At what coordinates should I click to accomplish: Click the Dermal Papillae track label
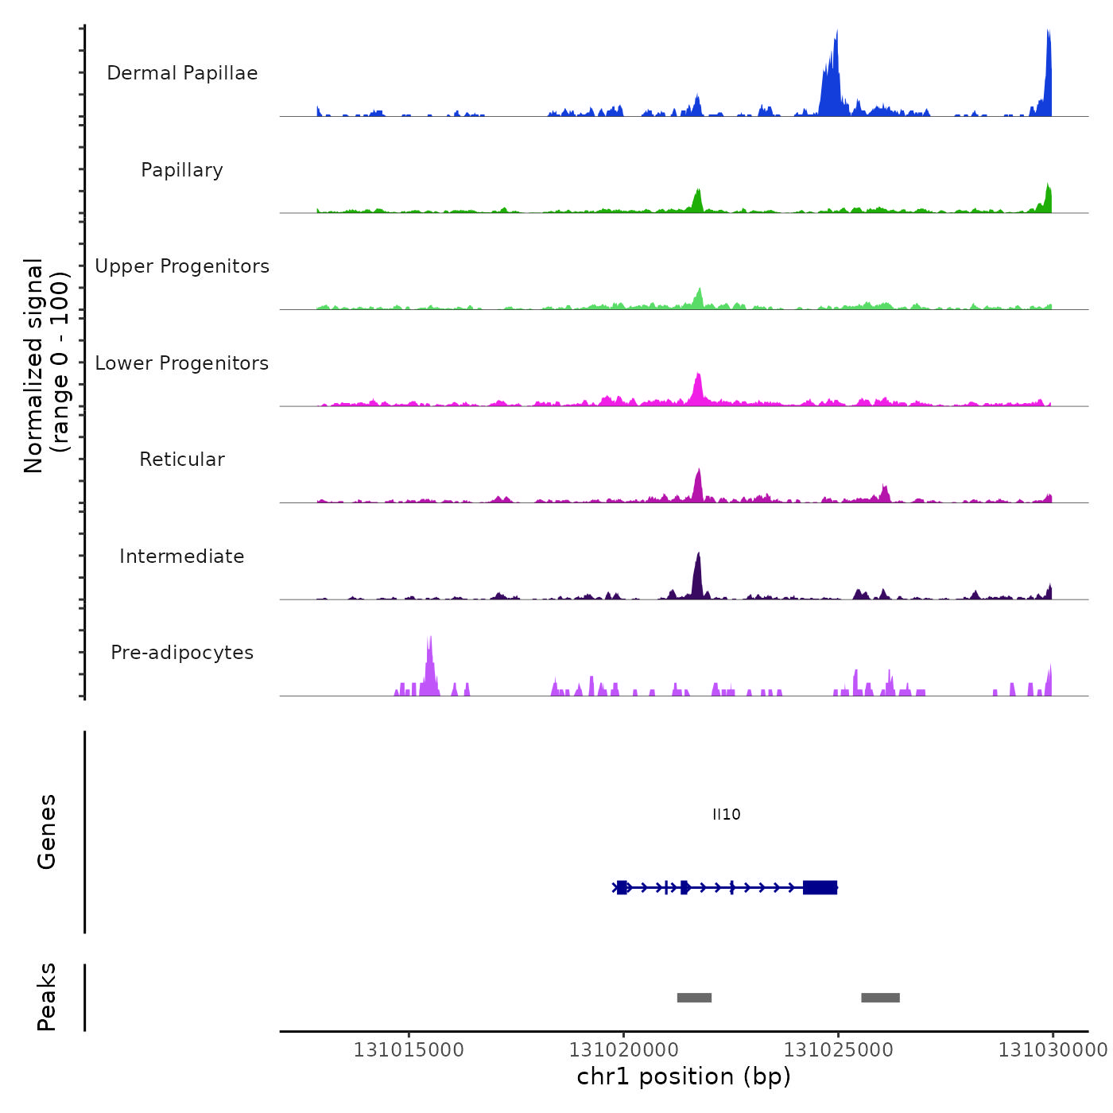click(x=182, y=73)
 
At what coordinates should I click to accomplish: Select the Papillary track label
click(x=182, y=170)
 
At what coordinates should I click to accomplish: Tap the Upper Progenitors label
click(x=182, y=266)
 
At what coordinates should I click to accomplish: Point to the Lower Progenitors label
click(x=182, y=363)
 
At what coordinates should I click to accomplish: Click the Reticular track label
click(x=182, y=460)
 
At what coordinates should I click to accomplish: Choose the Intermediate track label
click(x=182, y=556)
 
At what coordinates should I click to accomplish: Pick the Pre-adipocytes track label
click(x=182, y=653)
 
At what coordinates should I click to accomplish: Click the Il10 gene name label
click(x=726, y=814)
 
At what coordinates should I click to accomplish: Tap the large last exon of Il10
click(x=820, y=887)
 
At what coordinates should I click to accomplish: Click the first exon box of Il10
click(x=622, y=887)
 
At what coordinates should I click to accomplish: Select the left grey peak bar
click(x=694, y=998)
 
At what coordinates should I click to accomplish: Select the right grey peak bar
click(x=880, y=998)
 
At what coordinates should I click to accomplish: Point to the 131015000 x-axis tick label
click(x=409, y=1050)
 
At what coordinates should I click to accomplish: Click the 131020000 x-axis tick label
click(x=623, y=1050)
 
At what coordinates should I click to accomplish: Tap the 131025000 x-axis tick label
click(x=838, y=1050)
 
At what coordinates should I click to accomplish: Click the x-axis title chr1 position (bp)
click(x=684, y=1076)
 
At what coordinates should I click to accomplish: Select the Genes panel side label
click(x=46, y=832)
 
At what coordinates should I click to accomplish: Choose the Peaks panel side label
click(x=46, y=997)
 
